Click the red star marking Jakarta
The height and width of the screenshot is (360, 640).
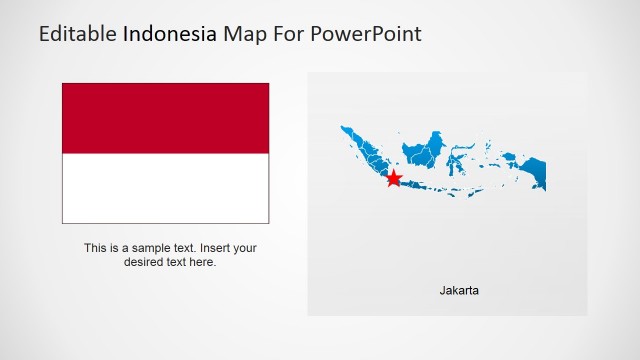394,178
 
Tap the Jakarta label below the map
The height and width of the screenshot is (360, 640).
459,291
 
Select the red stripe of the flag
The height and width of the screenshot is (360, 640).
165,118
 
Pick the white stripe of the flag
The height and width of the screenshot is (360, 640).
165,188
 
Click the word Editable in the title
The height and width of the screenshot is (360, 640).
78,34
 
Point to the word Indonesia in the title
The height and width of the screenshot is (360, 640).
169,34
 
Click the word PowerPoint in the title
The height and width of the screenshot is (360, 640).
366,34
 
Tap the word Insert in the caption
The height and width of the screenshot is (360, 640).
214,248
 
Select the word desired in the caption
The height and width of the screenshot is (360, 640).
144,262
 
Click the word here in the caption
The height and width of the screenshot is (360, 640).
202,262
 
